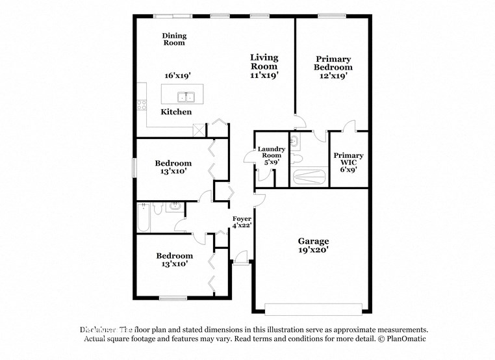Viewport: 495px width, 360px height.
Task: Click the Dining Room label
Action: tap(173, 39)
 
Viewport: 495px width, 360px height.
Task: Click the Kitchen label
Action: tap(176, 112)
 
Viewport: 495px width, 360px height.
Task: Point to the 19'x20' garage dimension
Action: tap(313, 249)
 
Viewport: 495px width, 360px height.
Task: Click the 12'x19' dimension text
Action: tap(333, 75)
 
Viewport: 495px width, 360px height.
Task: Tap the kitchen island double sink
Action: tap(188, 97)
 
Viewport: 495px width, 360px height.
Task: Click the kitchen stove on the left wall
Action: tap(141, 105)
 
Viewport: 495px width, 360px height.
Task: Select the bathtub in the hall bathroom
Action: tap(144, 218)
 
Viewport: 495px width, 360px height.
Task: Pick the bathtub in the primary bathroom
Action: tap(309, 177)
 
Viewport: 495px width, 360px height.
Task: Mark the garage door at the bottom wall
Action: tap(313, 309)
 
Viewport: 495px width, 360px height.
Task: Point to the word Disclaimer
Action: tap(99, 329)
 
